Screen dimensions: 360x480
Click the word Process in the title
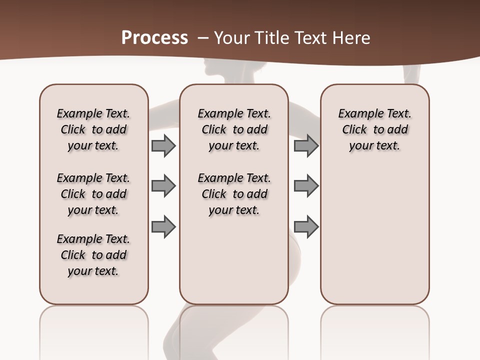154,38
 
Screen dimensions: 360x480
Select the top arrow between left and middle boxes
163,145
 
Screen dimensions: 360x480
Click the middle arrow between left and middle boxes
163,186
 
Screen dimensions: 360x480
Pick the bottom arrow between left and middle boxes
163,226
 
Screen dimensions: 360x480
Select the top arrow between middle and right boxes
306,145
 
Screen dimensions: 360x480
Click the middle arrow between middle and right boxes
306,186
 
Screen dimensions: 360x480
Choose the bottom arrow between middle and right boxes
306,226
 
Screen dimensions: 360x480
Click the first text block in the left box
93,129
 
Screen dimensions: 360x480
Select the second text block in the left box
93,194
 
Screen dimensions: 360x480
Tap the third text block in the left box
93,255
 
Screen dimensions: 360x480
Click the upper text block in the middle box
234,129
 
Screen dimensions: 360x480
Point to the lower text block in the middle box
234,194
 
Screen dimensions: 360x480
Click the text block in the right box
374,129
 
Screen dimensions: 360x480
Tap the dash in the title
203,38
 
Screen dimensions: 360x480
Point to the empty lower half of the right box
374,240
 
